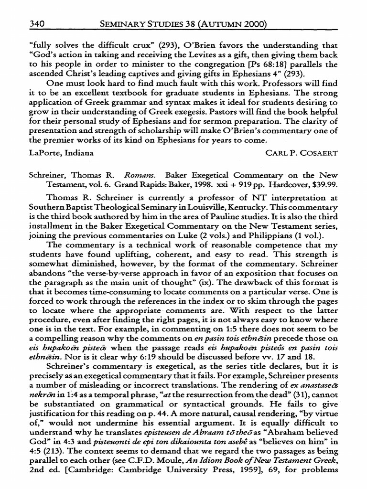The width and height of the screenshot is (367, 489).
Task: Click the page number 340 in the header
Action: coord(37,23)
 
